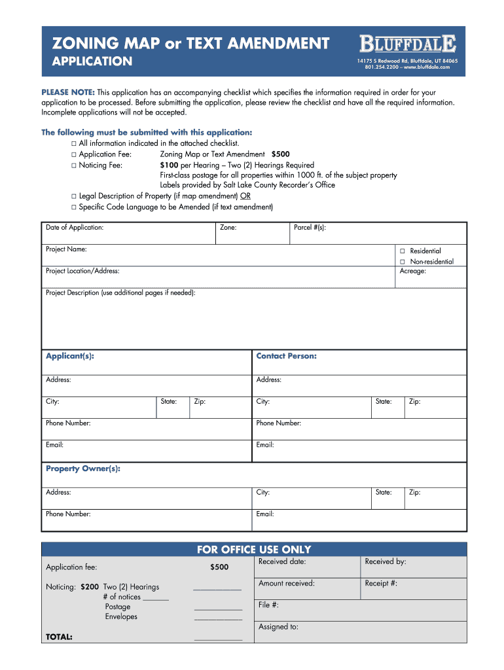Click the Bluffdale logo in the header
407,44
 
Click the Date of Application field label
74,228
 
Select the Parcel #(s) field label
310,228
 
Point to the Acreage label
412,271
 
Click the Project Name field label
66,249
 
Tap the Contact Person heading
286,356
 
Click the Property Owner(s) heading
82,468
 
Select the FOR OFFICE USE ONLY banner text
254,550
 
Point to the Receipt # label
381,583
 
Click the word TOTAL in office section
59,637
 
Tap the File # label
268,605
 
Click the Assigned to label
278,627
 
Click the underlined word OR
245,196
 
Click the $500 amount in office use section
219,567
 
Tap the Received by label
385,561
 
